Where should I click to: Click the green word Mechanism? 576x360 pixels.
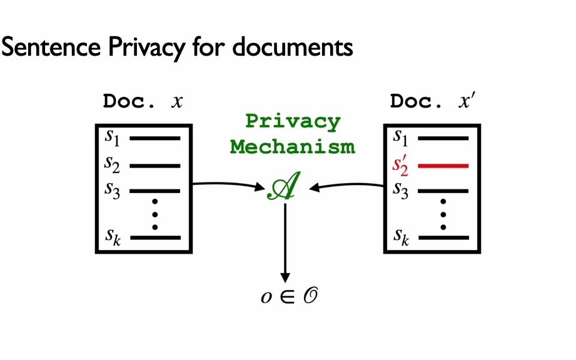tap(292, 147)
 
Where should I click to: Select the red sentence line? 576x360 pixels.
tap(443, 166)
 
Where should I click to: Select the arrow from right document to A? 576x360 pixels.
tap(347, 184)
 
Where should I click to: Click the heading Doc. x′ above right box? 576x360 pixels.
tap(432, 101)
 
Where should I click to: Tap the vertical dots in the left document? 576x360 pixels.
tap(155, 214)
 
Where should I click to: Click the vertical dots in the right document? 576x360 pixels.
tap(443, 214)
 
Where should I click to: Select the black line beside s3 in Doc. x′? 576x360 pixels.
tap(443, 190)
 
